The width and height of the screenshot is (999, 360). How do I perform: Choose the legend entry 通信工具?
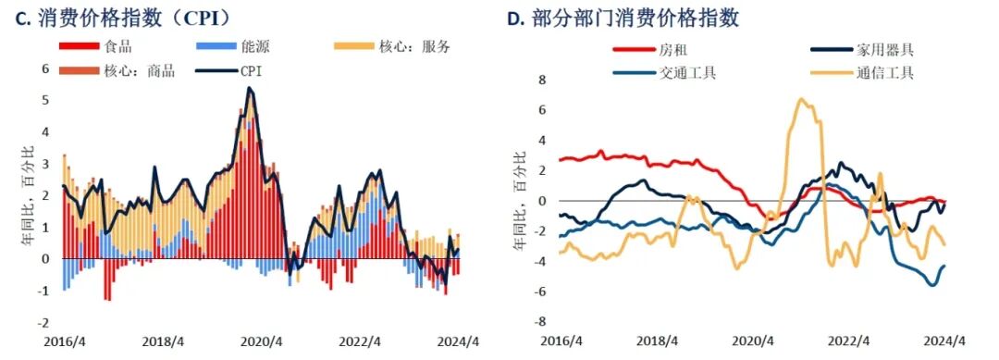pyautogui.click(x=879, y=72)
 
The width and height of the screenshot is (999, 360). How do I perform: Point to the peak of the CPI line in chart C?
pyautogui.click(x=249, y=89)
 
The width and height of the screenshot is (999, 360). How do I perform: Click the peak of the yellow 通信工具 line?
pyautogui.click(x=801, y=100)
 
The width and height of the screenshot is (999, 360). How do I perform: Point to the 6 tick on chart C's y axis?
pyautogui.click(x=43, y=68)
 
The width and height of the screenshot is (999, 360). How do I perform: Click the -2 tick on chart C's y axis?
pyautogui.click(x=41, y=323)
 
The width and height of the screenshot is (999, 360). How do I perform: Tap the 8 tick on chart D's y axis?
pyautogui.click(x=543, y=80)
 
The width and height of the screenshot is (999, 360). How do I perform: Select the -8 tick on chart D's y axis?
pyautogui.click(x=540, y=322)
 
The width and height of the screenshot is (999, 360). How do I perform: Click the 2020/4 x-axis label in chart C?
pyautogui.click(x=260, y=341)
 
